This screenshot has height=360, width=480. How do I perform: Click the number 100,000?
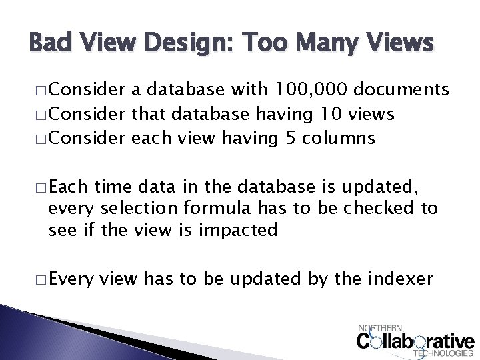point(302,91)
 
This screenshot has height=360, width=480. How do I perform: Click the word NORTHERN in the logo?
point(381,328)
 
